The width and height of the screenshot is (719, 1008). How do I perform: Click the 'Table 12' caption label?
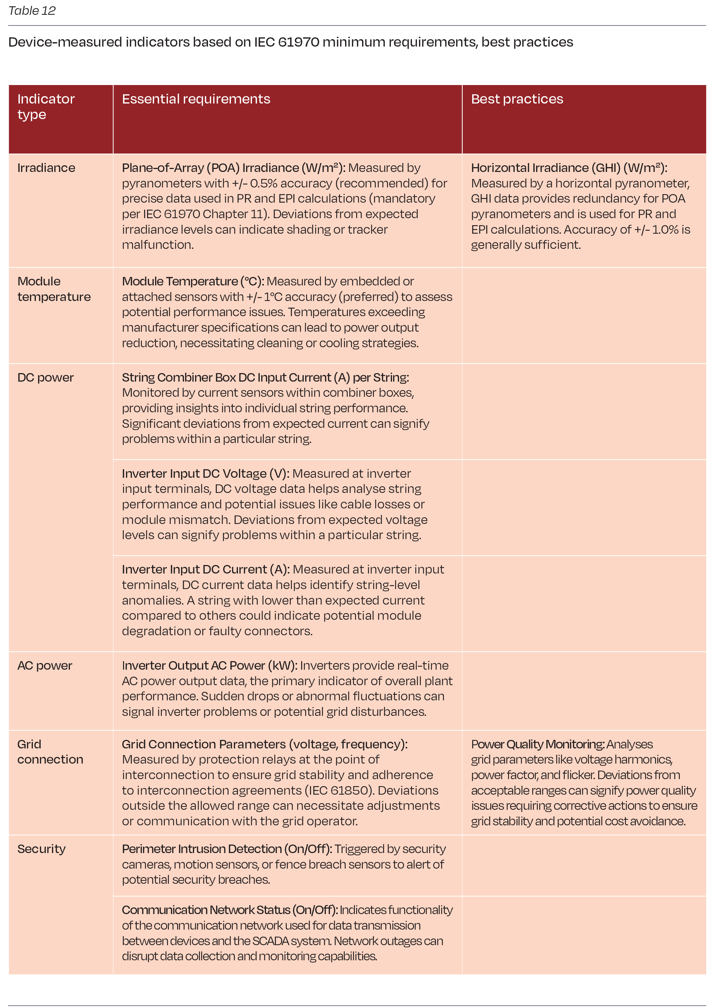pyautogui.click(x=32, y=11)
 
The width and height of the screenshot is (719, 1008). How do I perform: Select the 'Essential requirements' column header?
pyautogui.click(x=196, y=99)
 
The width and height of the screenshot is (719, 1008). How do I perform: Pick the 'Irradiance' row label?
pyautogui.click(x=46, y=168)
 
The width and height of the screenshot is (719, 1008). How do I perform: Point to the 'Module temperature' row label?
pyautogui.click(x=54, y=289)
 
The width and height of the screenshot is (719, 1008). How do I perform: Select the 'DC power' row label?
pyautogui.click(x=45, y=378)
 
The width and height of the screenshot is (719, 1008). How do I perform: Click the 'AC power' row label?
pyautogui.click(x=44, y=666)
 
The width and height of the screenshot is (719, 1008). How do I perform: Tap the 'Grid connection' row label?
pyautogui.click(x=50, y=752)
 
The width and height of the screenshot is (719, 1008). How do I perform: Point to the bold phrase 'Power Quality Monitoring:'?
pyautogui.click(x=538, y=744)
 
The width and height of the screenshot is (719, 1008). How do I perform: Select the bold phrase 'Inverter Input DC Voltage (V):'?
pyautogui.click(x=205, y=474)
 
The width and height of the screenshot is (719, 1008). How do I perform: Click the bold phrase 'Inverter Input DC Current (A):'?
pyautogui.click(x=205, y=569)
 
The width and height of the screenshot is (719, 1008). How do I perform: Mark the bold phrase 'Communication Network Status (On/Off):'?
pyautogui.click(x=229, y=910)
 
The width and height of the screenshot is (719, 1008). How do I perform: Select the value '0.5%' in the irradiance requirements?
pyautogui.click(x=264, y=183)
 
